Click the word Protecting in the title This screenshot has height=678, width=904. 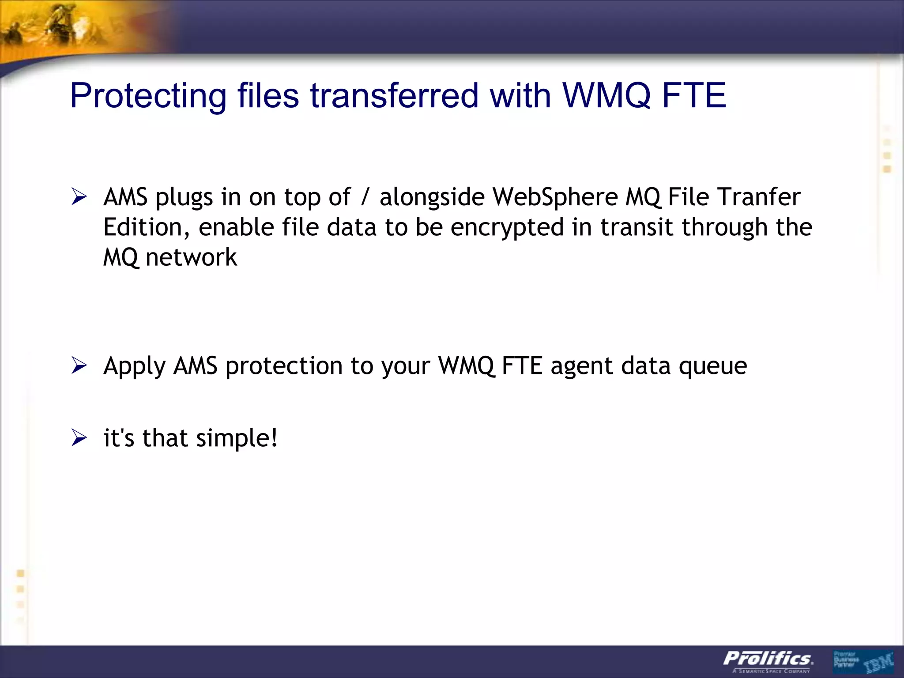point(148,96)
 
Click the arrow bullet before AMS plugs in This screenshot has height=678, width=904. point(79,197)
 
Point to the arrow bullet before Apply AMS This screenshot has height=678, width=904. point(79,366)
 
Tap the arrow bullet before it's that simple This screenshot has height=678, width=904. point(79,438)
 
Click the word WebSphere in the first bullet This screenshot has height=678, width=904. point(555,197)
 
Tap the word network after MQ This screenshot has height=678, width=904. point(191,257)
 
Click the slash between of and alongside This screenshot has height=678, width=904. point(365,198)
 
